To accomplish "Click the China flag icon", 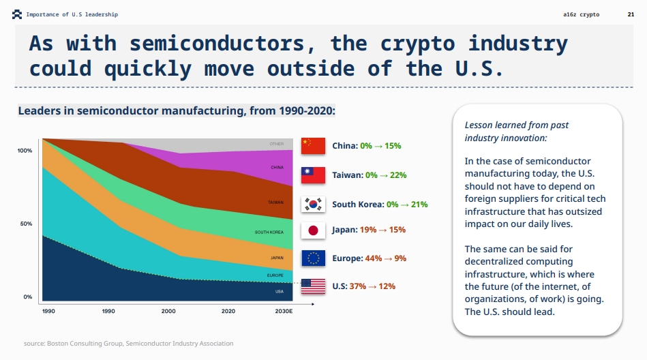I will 313,146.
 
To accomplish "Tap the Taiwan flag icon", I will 313,175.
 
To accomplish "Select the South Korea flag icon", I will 313,204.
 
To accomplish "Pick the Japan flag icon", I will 313,230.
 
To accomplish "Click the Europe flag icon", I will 313,258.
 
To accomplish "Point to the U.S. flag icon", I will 313,286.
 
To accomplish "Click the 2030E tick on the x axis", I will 284,311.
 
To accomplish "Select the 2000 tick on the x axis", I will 168,311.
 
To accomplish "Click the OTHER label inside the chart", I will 276,144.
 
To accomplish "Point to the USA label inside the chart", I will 280,291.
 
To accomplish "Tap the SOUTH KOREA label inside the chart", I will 269,232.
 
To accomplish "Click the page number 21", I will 630,14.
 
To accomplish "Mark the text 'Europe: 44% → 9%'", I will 369,258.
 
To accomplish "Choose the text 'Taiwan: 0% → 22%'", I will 369,175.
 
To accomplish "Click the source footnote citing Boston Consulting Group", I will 128,344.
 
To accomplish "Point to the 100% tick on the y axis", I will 25,150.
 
